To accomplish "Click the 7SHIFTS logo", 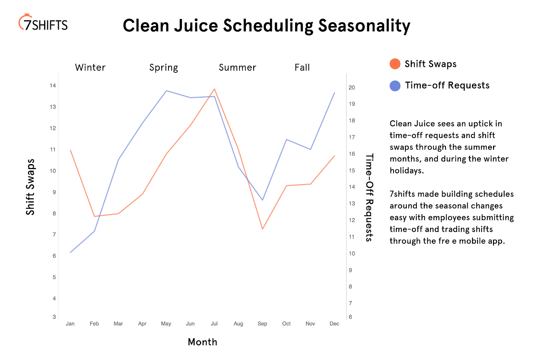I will [x=43, y=23].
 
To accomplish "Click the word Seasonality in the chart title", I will [x=364, y=26].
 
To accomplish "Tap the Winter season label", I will [x=90, y=68].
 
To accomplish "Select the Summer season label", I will [x=238, y=68].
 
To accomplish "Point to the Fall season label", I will [x=302, y=68].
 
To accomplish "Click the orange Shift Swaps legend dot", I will [x=395, y=64].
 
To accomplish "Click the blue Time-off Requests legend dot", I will [x=395, y=86].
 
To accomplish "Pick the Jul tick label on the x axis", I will [x=214, y=324].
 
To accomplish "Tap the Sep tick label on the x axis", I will [x=263, y=324].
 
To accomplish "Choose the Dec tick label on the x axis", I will [x=334, y=324].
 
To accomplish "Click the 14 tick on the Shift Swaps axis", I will [x=53, y=86].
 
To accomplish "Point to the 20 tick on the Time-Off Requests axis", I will [x=352, y=88].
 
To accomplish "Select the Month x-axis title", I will [x=203, y=342].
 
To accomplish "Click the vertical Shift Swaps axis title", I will [x=30, y=187].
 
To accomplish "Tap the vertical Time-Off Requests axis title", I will [x=369, y=197].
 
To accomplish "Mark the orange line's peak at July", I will [x=215, y=89].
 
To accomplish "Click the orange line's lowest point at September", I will [x=263, y=229].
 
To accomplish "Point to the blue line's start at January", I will [x=71, y=252].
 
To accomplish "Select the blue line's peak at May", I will [x=166, y=91].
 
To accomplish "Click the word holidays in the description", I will [x=406, y=171].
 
